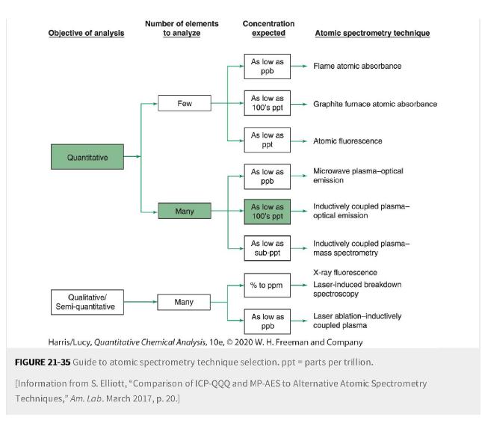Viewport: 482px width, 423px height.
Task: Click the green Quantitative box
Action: [87, 158]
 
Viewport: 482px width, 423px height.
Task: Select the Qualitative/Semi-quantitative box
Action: [87, 303]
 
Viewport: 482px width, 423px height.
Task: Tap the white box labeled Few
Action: [184, 104]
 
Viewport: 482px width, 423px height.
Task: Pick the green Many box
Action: [184, 211]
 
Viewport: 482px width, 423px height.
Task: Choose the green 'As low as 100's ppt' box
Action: [267, 211]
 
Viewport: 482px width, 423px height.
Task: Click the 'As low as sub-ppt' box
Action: [267, 248]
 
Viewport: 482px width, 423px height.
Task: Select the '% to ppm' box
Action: [267, 284]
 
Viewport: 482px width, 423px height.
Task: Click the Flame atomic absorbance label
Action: [356, 67]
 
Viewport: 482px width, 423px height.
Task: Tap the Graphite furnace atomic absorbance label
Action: [374, 104]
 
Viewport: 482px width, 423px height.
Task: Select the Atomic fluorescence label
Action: [347, 141]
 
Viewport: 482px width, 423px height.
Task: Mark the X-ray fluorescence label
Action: [344, 272]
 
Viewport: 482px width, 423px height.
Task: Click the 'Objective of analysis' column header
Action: [87, 34]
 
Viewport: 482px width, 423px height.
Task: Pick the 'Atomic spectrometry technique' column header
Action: [372, 34]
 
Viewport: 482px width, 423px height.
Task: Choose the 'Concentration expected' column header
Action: [268, 28]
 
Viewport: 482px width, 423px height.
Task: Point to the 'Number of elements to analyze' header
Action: [182, 28]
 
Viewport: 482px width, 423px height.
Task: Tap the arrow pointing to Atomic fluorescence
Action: [299, 141]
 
